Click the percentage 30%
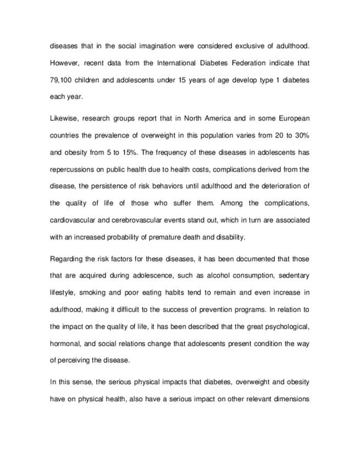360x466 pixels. tap(301, 135)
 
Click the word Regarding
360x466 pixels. tap(67, 259)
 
